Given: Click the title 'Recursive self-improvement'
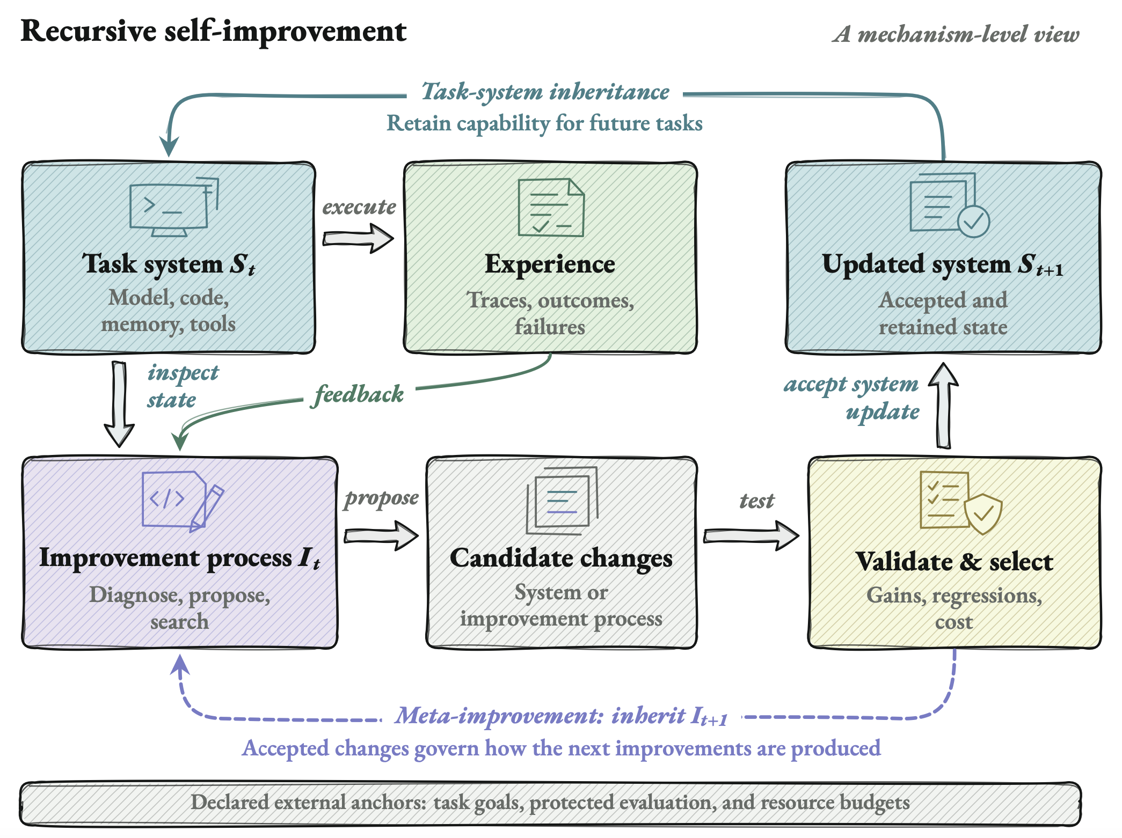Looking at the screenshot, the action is pos(213,31).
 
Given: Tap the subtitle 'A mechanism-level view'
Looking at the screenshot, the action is pos(956,34).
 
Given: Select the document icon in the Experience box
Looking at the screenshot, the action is pos(551,207).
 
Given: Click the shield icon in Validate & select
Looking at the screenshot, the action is pos(983,513).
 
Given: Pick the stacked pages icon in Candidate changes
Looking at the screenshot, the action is pos(562,500).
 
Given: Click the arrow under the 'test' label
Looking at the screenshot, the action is pos(751,535).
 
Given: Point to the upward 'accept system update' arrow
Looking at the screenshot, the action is pos(944,405).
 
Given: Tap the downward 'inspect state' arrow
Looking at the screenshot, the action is pos(119,404).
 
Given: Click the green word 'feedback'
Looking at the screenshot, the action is pos(359,394).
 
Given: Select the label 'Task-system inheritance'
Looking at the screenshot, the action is pos(545,92).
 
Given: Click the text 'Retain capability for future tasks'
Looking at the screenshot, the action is pos(544,123).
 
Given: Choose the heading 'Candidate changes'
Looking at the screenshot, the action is pos(561,558).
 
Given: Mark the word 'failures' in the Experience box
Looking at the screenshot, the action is pos(550,327).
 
